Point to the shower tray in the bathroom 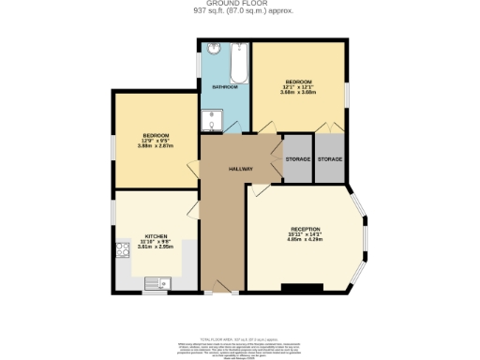[x=211, y=119]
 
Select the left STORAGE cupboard [x=297, y=159]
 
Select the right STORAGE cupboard [x=330, y=159]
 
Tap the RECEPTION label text [x=305, y=230]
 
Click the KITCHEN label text [x=156, y=236]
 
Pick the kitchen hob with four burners [x=122, y=250]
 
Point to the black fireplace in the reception [x=302, y=287]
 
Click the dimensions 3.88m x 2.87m [x=155, y=145]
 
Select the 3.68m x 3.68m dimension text [x=299, y=92]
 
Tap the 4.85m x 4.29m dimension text [x=305, y=241]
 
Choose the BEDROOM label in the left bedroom [x=155, y=134]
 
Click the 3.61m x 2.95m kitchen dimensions [x=156, y=247]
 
